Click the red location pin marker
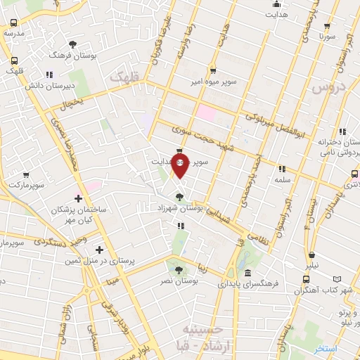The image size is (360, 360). [181, 167]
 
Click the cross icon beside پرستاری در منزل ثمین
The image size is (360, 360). [99, 250]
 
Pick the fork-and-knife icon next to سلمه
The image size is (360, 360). [283, 169]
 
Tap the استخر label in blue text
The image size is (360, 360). [326, 349]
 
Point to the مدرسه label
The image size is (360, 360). [14, 33]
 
